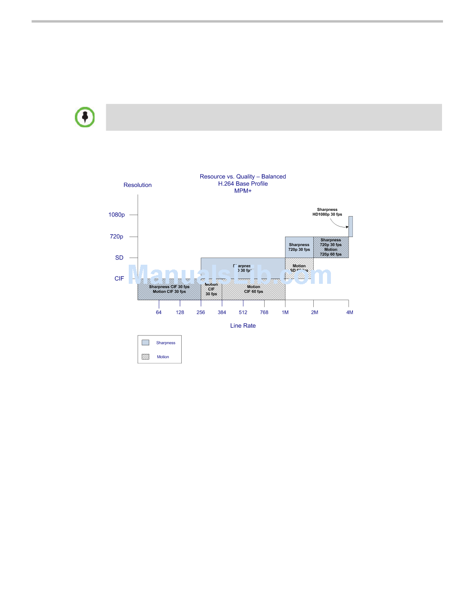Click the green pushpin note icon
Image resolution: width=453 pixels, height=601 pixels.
click(85, 117)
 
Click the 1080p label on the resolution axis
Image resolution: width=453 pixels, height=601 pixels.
click(116, 215)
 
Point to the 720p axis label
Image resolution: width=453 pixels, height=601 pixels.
click(117, 237)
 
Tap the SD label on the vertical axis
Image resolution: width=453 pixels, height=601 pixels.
click(119, 258)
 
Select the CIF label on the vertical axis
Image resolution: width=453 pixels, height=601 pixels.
click(119, 279)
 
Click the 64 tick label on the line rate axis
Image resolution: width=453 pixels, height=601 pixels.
click(159, 312)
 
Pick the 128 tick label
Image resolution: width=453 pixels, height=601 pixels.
click(180, 312)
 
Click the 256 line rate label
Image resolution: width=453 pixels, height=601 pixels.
click(201, 312)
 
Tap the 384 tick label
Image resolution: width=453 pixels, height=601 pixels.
click(222, 312)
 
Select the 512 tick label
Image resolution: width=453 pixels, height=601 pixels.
click(243, 312)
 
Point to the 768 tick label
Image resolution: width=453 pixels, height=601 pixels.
click(264, 312)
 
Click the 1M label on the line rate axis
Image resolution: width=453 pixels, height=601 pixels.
click(285, 312)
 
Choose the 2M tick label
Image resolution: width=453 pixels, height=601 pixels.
click(314, 312)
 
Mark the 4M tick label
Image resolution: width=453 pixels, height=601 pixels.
click(350, 312)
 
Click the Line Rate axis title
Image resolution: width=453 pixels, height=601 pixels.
click(243, 326)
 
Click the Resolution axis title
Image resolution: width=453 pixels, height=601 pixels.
click(137, 185)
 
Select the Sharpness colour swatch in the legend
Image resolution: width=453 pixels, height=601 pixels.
click(145, 342)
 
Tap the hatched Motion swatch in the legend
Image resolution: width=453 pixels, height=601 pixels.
click(145, 357)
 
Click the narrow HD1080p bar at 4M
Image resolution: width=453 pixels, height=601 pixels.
click(350, 226)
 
